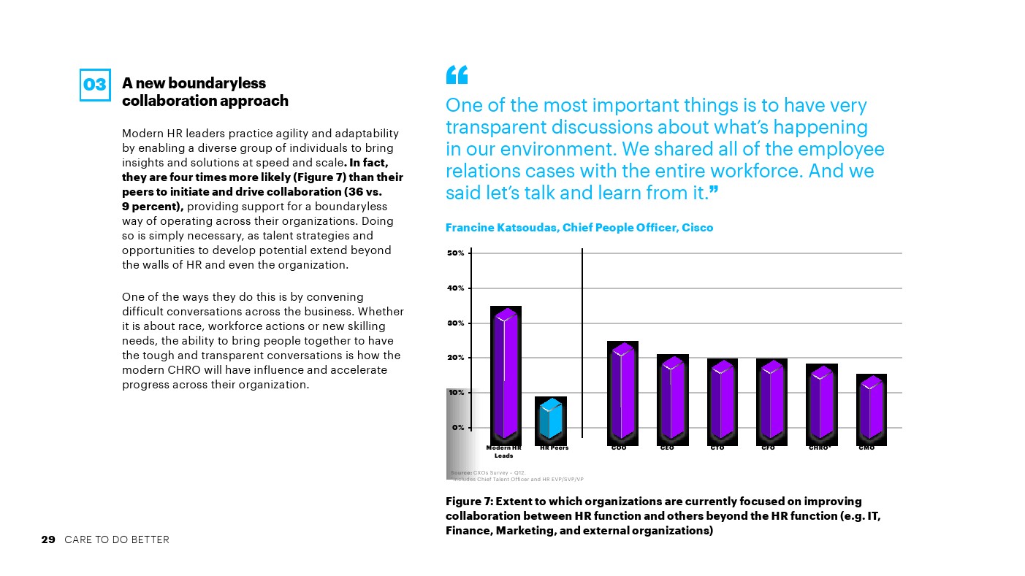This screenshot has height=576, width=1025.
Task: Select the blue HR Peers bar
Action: tap(551, 418)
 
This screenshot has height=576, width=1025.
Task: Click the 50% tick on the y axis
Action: tap(456, 253)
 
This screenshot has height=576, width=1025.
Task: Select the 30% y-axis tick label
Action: tap(456, 323)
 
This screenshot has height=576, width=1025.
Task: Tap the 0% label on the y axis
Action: tap(457, 428)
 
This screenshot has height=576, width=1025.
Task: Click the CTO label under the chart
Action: tap(717, 448)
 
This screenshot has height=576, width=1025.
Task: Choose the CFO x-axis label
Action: tap(768, 448)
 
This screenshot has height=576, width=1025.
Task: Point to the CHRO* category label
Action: tap(820, 448)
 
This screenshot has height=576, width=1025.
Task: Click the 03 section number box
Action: tap(95, 85)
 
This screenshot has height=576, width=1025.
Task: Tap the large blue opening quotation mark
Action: tap(456, 74)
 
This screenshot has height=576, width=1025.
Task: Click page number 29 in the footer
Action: tap(48, 539)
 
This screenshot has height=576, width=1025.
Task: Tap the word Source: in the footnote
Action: tap(462, 473)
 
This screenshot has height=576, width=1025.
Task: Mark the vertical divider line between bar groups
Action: tap(582, 343)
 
